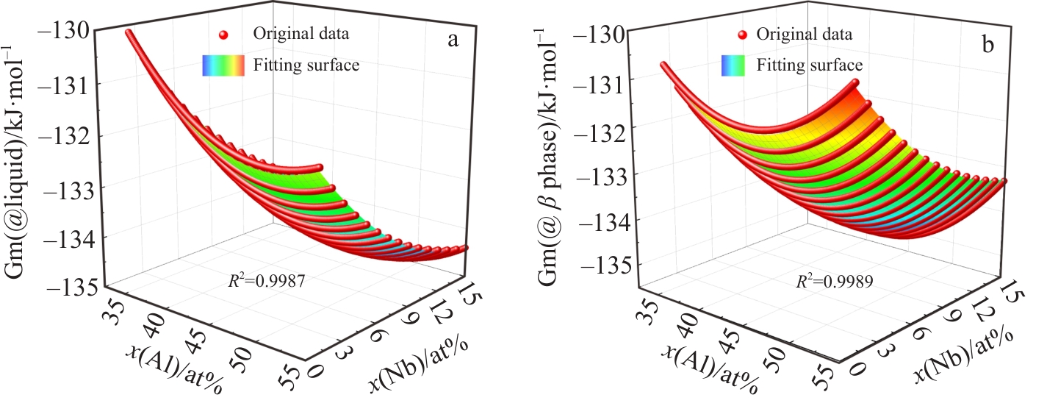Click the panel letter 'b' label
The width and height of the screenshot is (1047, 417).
click(x=988, y=45)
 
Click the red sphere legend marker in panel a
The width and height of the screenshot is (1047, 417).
click(x=226, y=35)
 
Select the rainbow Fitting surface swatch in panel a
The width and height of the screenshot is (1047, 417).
click(x=223, y=66)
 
